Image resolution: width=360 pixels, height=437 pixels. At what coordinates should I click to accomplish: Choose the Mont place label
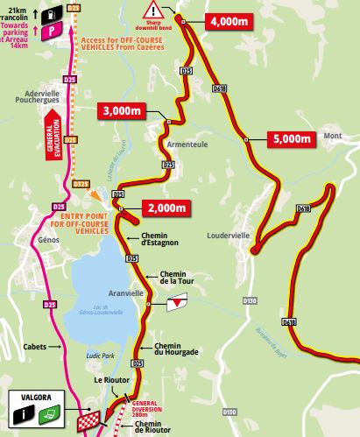tap(332, 137)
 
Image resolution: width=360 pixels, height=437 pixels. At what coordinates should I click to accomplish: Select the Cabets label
tap(36, 346)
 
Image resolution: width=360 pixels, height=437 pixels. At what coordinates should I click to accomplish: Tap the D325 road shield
tap(81, 183)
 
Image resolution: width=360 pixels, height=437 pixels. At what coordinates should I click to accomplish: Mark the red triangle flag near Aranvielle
tap(178, 302)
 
